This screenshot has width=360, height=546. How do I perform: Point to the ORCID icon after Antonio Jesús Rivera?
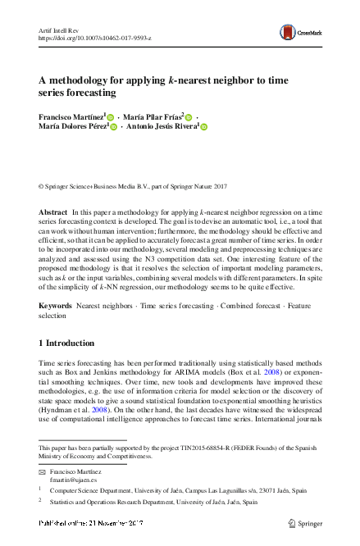[x=204, y=127]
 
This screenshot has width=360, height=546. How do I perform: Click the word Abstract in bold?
[x=53, y=212]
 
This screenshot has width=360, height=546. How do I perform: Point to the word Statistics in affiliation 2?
[x=66, y=503]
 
